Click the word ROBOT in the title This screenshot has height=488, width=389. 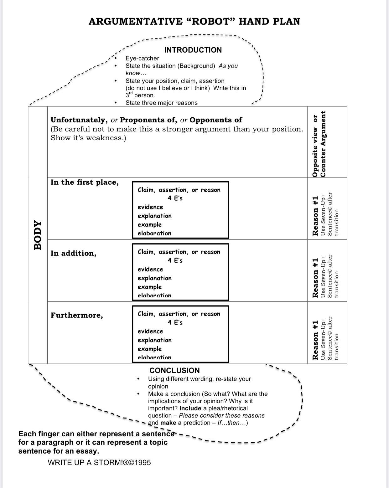pyautogui.click(x=212, y=21)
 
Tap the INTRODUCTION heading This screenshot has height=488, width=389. pyautogui.click(x=193, y=50)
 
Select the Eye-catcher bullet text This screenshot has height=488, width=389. pyautogui.click(x=142, y=58)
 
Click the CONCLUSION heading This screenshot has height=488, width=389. pyautogui.click(x=174, y=371)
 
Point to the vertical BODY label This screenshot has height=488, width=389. pyautogui.click(x=38, y=235)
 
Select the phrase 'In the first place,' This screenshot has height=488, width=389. pyautogui.click(x=85, y=182)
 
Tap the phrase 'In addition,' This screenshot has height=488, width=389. pyautogui.click(x=73, y=253)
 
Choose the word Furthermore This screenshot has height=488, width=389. pyautogui.click(x=76, y=315)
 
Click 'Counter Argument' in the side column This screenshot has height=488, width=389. pyautogui.click(x=323, y=144)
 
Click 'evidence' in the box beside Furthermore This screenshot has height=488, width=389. pyautogui.click(x=150, y=331)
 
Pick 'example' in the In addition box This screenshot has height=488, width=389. pyautogui.click(x=150, y=287)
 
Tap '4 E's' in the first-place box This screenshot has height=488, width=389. pyautogui.click(x=175, y=198)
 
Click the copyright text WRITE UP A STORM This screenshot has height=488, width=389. pyautogui.click(x=99, y=463)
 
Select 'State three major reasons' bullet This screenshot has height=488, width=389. pyautogui.click(x=162, y=103)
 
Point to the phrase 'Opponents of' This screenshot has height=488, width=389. pyautogui.click(x=216, y=120)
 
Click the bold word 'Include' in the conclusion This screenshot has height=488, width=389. pyautogui.click(x=190, y=408)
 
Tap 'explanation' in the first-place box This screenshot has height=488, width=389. pyautogui.click(x=154, y=216)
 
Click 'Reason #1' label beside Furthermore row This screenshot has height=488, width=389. pyautogui.click(x=315, y=340)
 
